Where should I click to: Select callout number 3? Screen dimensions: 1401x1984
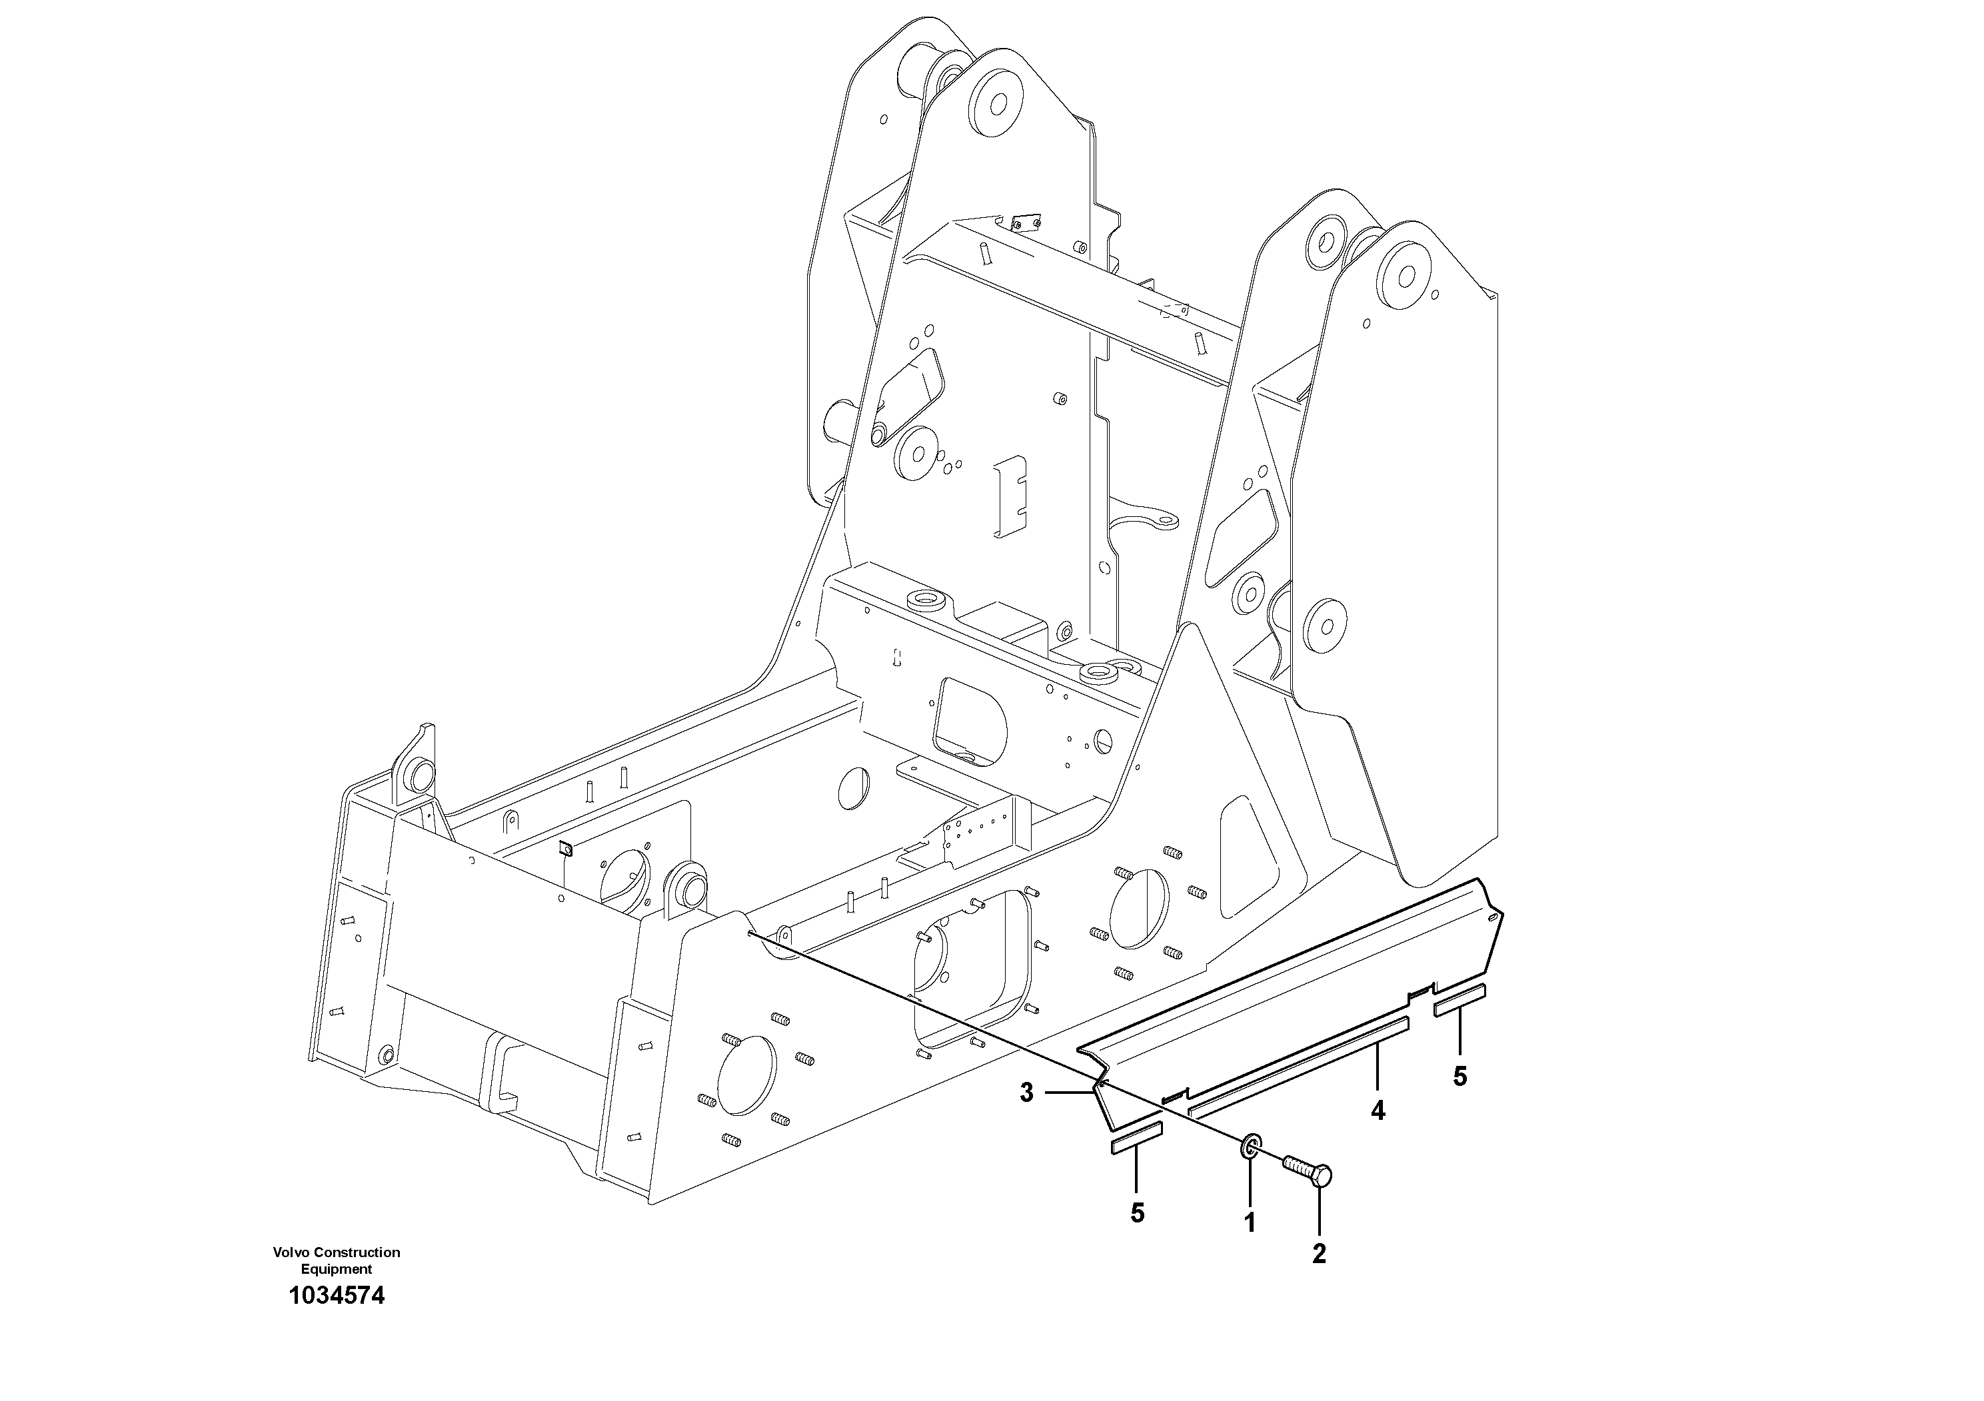click(x=1026, y=1093)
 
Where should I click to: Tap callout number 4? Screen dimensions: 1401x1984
click(x=1378, y=1111)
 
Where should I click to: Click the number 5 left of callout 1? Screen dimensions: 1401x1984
click(x=1137, y=1212)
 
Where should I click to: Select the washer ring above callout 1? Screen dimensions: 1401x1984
click(x=1250, y=1148)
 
